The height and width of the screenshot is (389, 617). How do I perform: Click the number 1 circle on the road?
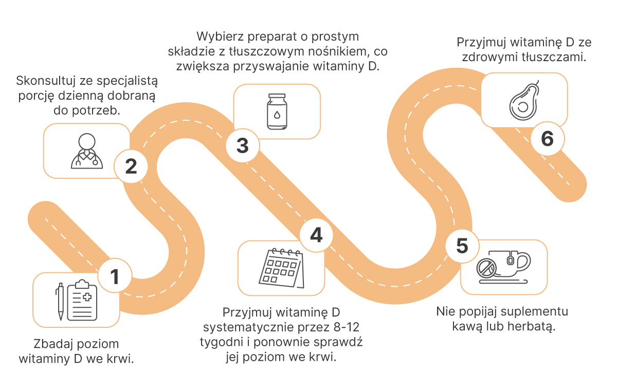(115, 275)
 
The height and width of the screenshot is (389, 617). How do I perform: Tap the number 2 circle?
(131, 166)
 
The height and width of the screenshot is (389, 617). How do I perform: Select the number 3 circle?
(242, 145)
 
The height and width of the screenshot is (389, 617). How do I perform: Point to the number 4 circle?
(316, 235)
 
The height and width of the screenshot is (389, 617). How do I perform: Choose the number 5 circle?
(462, 246)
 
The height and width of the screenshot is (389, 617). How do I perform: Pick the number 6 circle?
(547, 138)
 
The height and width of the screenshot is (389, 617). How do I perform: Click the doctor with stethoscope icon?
(87, 151)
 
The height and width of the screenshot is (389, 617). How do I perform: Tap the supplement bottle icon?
(277, 112)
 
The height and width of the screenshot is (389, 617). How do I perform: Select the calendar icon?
(282, 268)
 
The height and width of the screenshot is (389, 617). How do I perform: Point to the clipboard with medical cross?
(82, 300)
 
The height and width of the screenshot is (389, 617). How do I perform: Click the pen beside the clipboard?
(60, 302)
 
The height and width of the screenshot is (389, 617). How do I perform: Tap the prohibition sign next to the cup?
(486, 268)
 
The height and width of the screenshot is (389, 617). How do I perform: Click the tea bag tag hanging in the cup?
(510, 260)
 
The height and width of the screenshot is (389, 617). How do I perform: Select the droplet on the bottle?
(277, 115)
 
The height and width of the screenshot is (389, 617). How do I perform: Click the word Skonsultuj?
(45, 81)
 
